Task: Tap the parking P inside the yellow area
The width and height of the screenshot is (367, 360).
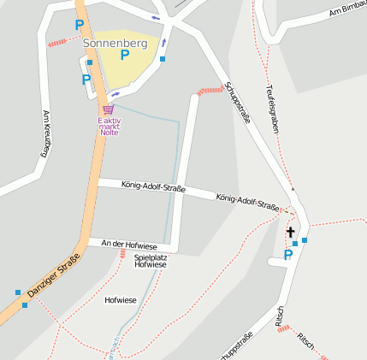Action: coord(125,56)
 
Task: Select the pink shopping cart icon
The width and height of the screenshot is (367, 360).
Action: coord(108,109)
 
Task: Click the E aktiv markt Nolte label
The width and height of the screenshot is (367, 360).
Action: coord(109,127)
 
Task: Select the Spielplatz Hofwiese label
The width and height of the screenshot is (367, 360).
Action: coord(151,261)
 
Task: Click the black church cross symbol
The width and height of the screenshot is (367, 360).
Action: coord(290,232)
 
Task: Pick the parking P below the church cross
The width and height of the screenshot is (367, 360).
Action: coord(288,253)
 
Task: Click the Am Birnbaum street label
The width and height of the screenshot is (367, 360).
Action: coord(347,10)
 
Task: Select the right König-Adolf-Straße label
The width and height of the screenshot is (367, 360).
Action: coord(248,201)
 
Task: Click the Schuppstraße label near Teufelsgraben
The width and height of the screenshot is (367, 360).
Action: coord(237,103)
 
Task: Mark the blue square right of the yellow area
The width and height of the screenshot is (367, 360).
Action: coord(163,59)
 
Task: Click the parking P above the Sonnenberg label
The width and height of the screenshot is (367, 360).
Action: coord(80,26)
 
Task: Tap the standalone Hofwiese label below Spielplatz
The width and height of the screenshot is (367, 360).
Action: coord(120,300)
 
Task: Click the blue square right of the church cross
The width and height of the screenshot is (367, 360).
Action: coord(305,240)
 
